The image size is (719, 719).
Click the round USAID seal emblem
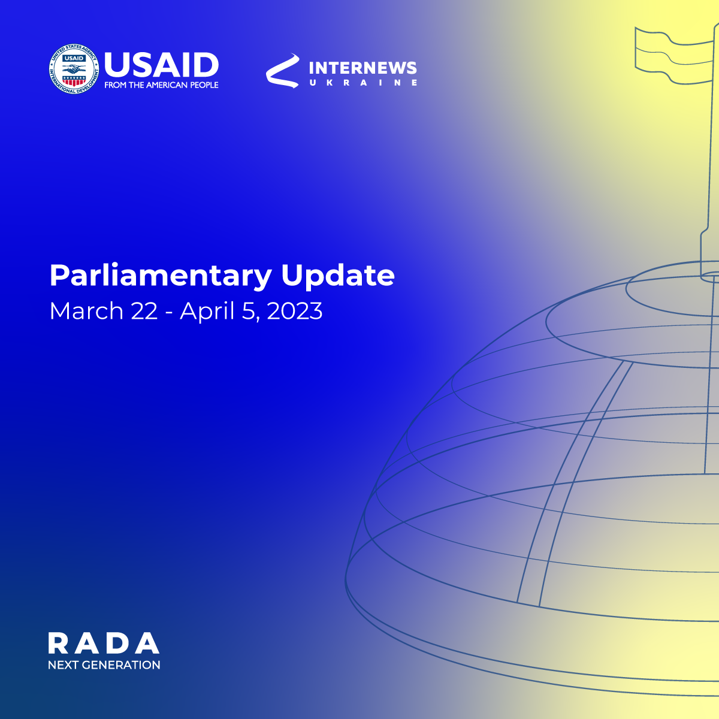pos(74,69)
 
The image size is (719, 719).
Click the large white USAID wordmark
pos(161,64)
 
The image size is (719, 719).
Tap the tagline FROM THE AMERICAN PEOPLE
pos(161,85)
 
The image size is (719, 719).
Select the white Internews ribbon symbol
pos(283,71)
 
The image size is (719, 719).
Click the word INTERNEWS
pos(362,68)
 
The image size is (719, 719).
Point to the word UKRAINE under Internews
pos(362,83)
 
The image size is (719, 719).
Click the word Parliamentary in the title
pos(161,276)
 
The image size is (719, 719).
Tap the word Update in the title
pos(338,276)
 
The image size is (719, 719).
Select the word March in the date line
pos(86,310)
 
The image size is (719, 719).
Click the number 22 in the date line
pos(144,311)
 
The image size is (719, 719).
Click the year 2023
pos(295,311)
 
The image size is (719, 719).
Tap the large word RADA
pos(104,643)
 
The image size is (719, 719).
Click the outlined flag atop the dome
pos(674,55)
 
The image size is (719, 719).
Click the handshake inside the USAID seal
pos(74,69)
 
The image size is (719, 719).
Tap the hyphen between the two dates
pos(168,313)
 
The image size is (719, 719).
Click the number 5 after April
pos(247,311)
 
